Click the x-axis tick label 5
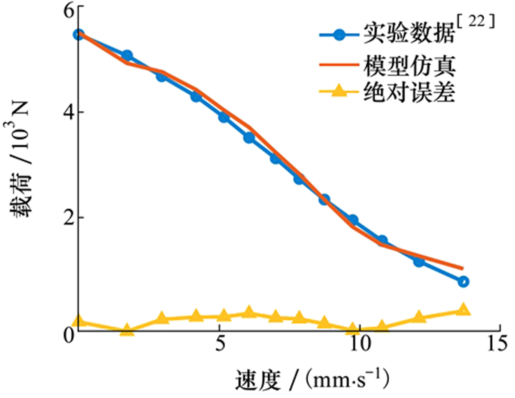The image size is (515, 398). [x=220, y=346]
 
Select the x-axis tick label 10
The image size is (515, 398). [x=360, y=346]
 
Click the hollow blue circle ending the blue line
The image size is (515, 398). [x=463, y=282]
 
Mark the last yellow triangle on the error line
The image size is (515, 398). [x=463, y=309]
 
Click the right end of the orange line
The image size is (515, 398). [x=463, y=268]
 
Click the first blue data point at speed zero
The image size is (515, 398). [x=78, y=34]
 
